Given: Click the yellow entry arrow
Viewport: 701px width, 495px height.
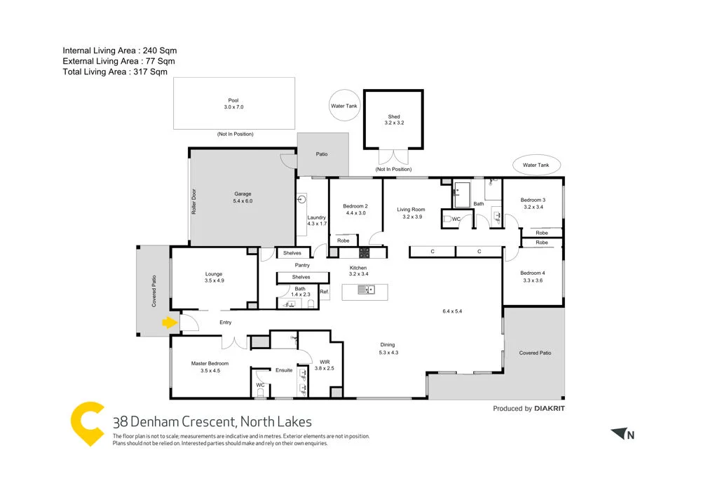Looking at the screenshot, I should point(169,323).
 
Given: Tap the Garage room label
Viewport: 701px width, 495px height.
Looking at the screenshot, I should point(243,194).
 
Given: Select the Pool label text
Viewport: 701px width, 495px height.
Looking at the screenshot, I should point(233,100).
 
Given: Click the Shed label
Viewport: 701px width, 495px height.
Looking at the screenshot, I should point(394,117).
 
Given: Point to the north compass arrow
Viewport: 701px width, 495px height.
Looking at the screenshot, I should point(618,434).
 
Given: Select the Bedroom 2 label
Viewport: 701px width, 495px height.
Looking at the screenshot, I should point(355,206).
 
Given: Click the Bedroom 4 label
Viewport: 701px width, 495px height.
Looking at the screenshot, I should point(533,273).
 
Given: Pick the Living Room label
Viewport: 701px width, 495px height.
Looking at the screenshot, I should point(411,209).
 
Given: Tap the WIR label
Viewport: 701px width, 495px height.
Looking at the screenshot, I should point(324,362).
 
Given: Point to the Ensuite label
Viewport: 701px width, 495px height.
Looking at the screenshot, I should point(284,369).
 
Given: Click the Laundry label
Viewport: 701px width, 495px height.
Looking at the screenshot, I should point(317,217).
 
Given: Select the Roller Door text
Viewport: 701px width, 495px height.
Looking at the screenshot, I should point(194,202).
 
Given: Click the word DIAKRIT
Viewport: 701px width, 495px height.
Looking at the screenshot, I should point(550,408).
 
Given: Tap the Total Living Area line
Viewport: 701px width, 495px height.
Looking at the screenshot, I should point(115,72).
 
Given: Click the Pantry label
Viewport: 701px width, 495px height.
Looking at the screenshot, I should point(302,265).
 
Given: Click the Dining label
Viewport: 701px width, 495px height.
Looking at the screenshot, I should point(388,344).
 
